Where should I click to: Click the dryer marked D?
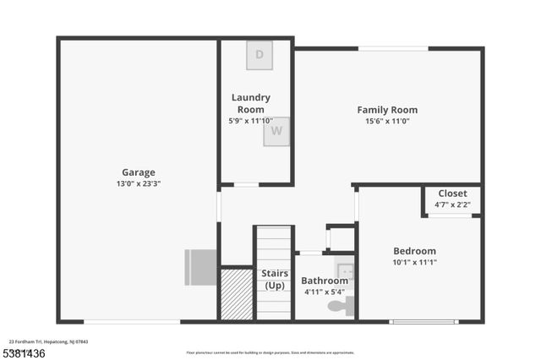point(260,56)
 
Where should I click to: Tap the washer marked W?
point(276,132)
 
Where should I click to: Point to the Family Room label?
point(387,110)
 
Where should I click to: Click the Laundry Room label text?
point(251,103)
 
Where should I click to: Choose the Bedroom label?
point(414,251)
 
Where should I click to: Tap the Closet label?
point(452,193)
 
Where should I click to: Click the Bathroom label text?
point(325,281)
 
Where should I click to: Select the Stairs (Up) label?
point(274,279)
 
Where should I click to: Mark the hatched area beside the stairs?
point(236,293)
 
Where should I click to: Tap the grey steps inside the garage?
point(201,267)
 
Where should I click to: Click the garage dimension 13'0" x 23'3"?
point(139,183)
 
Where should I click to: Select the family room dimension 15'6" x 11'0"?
point(387,121)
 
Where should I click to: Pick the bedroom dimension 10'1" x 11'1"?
point(414,262)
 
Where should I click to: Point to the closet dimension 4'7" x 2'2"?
point(452,204)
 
